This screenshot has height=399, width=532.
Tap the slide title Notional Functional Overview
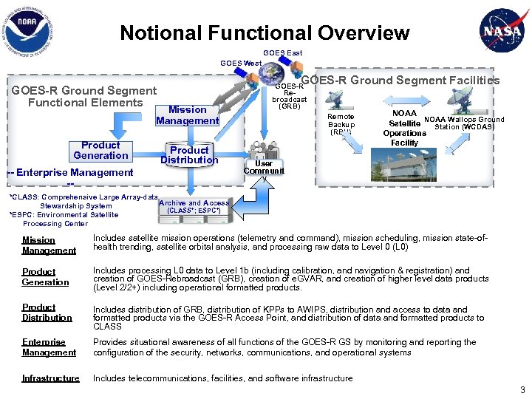tap(265, 33)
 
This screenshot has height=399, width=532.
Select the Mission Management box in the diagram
tap(187, 115)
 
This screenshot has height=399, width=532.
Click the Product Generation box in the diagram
tap(100, 151)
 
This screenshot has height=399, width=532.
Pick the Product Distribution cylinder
tap(189, 154)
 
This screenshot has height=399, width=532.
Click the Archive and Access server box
tap(194, 207)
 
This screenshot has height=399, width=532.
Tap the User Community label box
tap(263, 168)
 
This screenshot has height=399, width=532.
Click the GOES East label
tap(282, 53)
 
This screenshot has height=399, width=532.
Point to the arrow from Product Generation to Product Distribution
tap(145, 152)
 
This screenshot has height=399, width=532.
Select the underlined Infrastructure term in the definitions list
tap(50, 378)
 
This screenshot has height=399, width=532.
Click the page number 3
tap(522, 389)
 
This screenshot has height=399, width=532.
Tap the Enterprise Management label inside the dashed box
tap(74, 173)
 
